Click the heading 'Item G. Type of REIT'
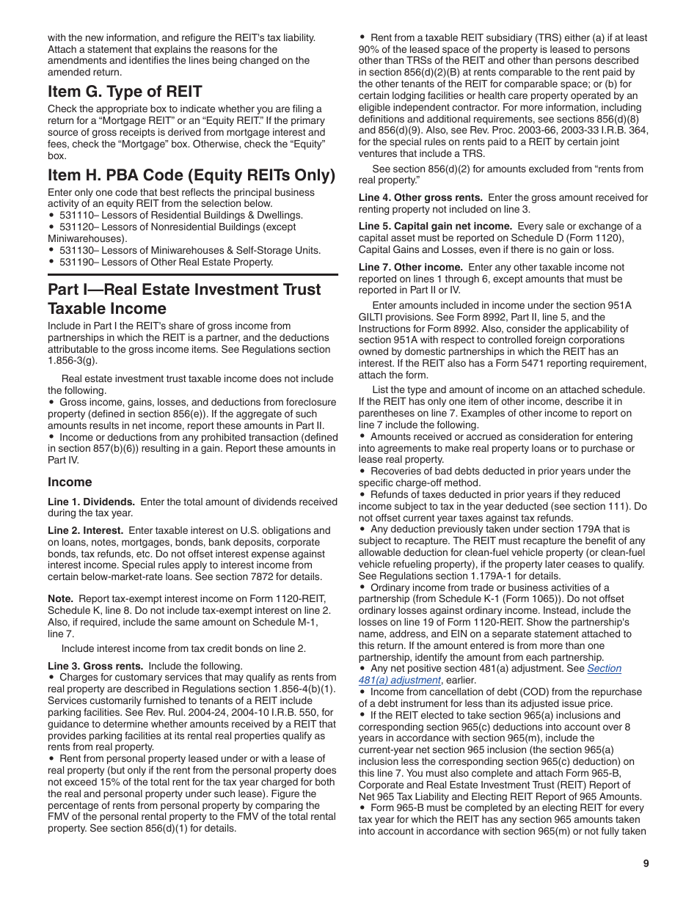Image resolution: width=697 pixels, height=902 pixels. [125, 92]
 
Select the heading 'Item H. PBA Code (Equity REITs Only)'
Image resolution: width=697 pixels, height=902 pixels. [191, 175]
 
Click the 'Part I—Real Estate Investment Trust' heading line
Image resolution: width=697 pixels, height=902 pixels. [184, 289]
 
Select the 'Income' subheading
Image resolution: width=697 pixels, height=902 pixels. [70, 482]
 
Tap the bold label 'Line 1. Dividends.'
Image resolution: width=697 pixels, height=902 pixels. [91, 502]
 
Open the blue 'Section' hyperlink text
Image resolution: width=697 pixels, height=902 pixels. [604, 668]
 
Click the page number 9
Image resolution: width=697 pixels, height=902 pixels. [646, 863]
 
